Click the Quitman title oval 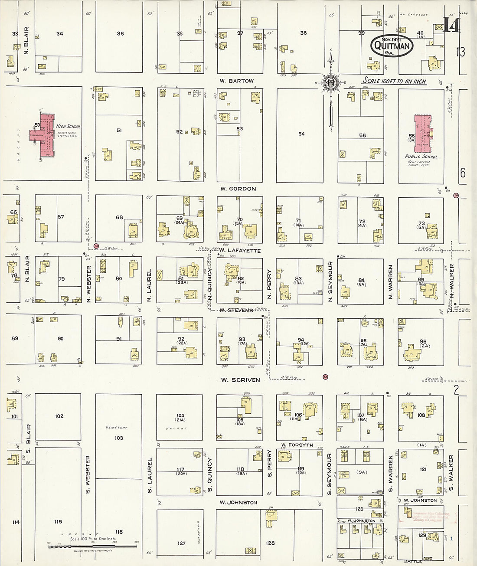click(x=391, y=46)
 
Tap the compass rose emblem click(x=330, y=83)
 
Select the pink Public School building click(x=422, y=133)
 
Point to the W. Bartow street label click(x=236, y=81)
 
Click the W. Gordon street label click(x=238, y=189)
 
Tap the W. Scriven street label click(x=240, y=380)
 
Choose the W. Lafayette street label click(x=239, y=251)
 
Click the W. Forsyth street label click(x=297, y=445)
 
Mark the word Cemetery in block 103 click(x=117, y=428)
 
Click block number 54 click(x=301, y=134)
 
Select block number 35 click(x=120, y=33)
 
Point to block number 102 click(x=59, y=416)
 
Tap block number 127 click(x=181, y=543)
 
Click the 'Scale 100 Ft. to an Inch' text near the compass click(x=394, y=81)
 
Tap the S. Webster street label click(x=88, y=474)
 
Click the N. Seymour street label click(x=330, y=282)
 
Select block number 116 click(x=119, y=532)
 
